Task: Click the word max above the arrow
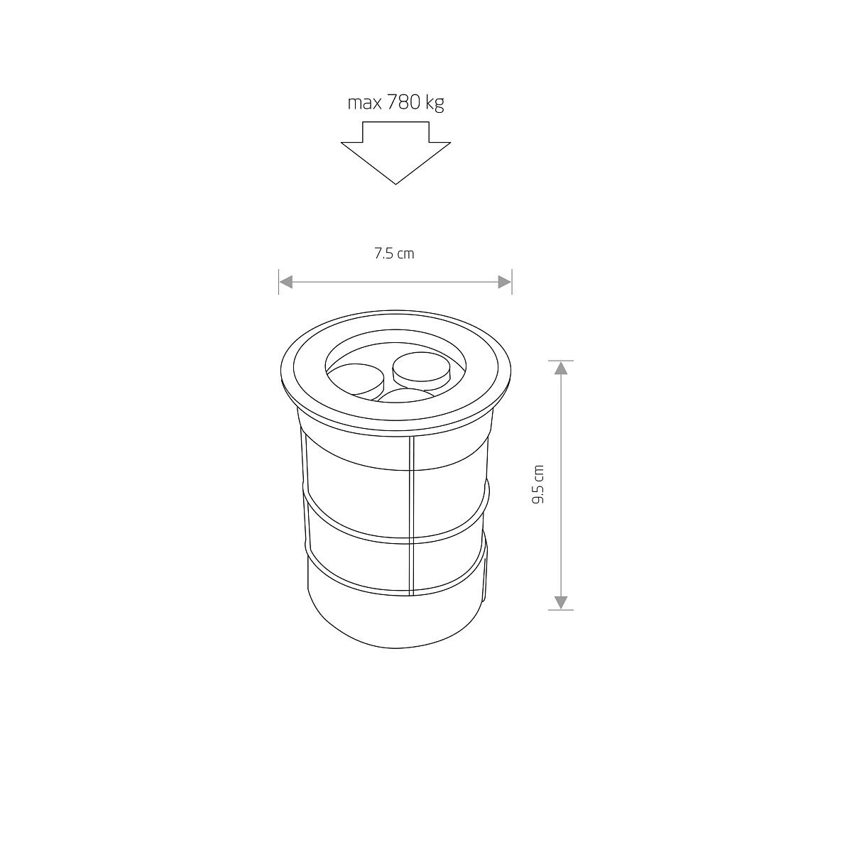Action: point(365,103)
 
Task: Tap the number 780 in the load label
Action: point(403,102)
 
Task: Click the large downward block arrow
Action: point(395,153)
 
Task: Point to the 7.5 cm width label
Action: point(394,253)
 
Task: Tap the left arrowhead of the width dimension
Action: point(286,282)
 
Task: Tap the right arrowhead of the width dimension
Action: point(505,282)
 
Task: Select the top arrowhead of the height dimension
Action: point(561,367)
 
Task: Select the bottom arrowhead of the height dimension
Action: point(561,603)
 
